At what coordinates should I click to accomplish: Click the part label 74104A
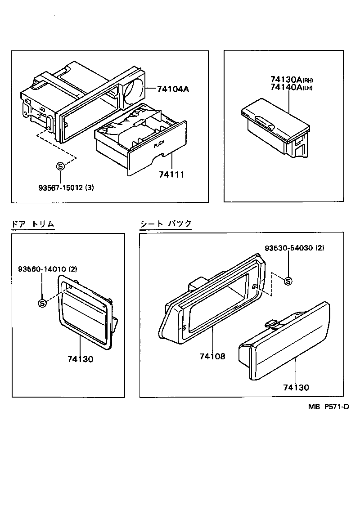[x=173, y=89]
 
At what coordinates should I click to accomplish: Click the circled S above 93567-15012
[x=60, y=166]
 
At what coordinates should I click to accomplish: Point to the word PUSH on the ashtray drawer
[x=160, y=145]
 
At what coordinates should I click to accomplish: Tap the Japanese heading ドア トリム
[x=33, y=224]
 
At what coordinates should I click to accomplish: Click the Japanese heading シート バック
[x=166, y=224]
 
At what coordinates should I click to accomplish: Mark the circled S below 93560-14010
[x=42, y=303]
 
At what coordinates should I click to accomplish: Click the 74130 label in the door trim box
[x=81, y=359]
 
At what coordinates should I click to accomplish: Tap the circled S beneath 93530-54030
[x=288, y=281]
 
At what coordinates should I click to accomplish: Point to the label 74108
[x=212, y=357]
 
